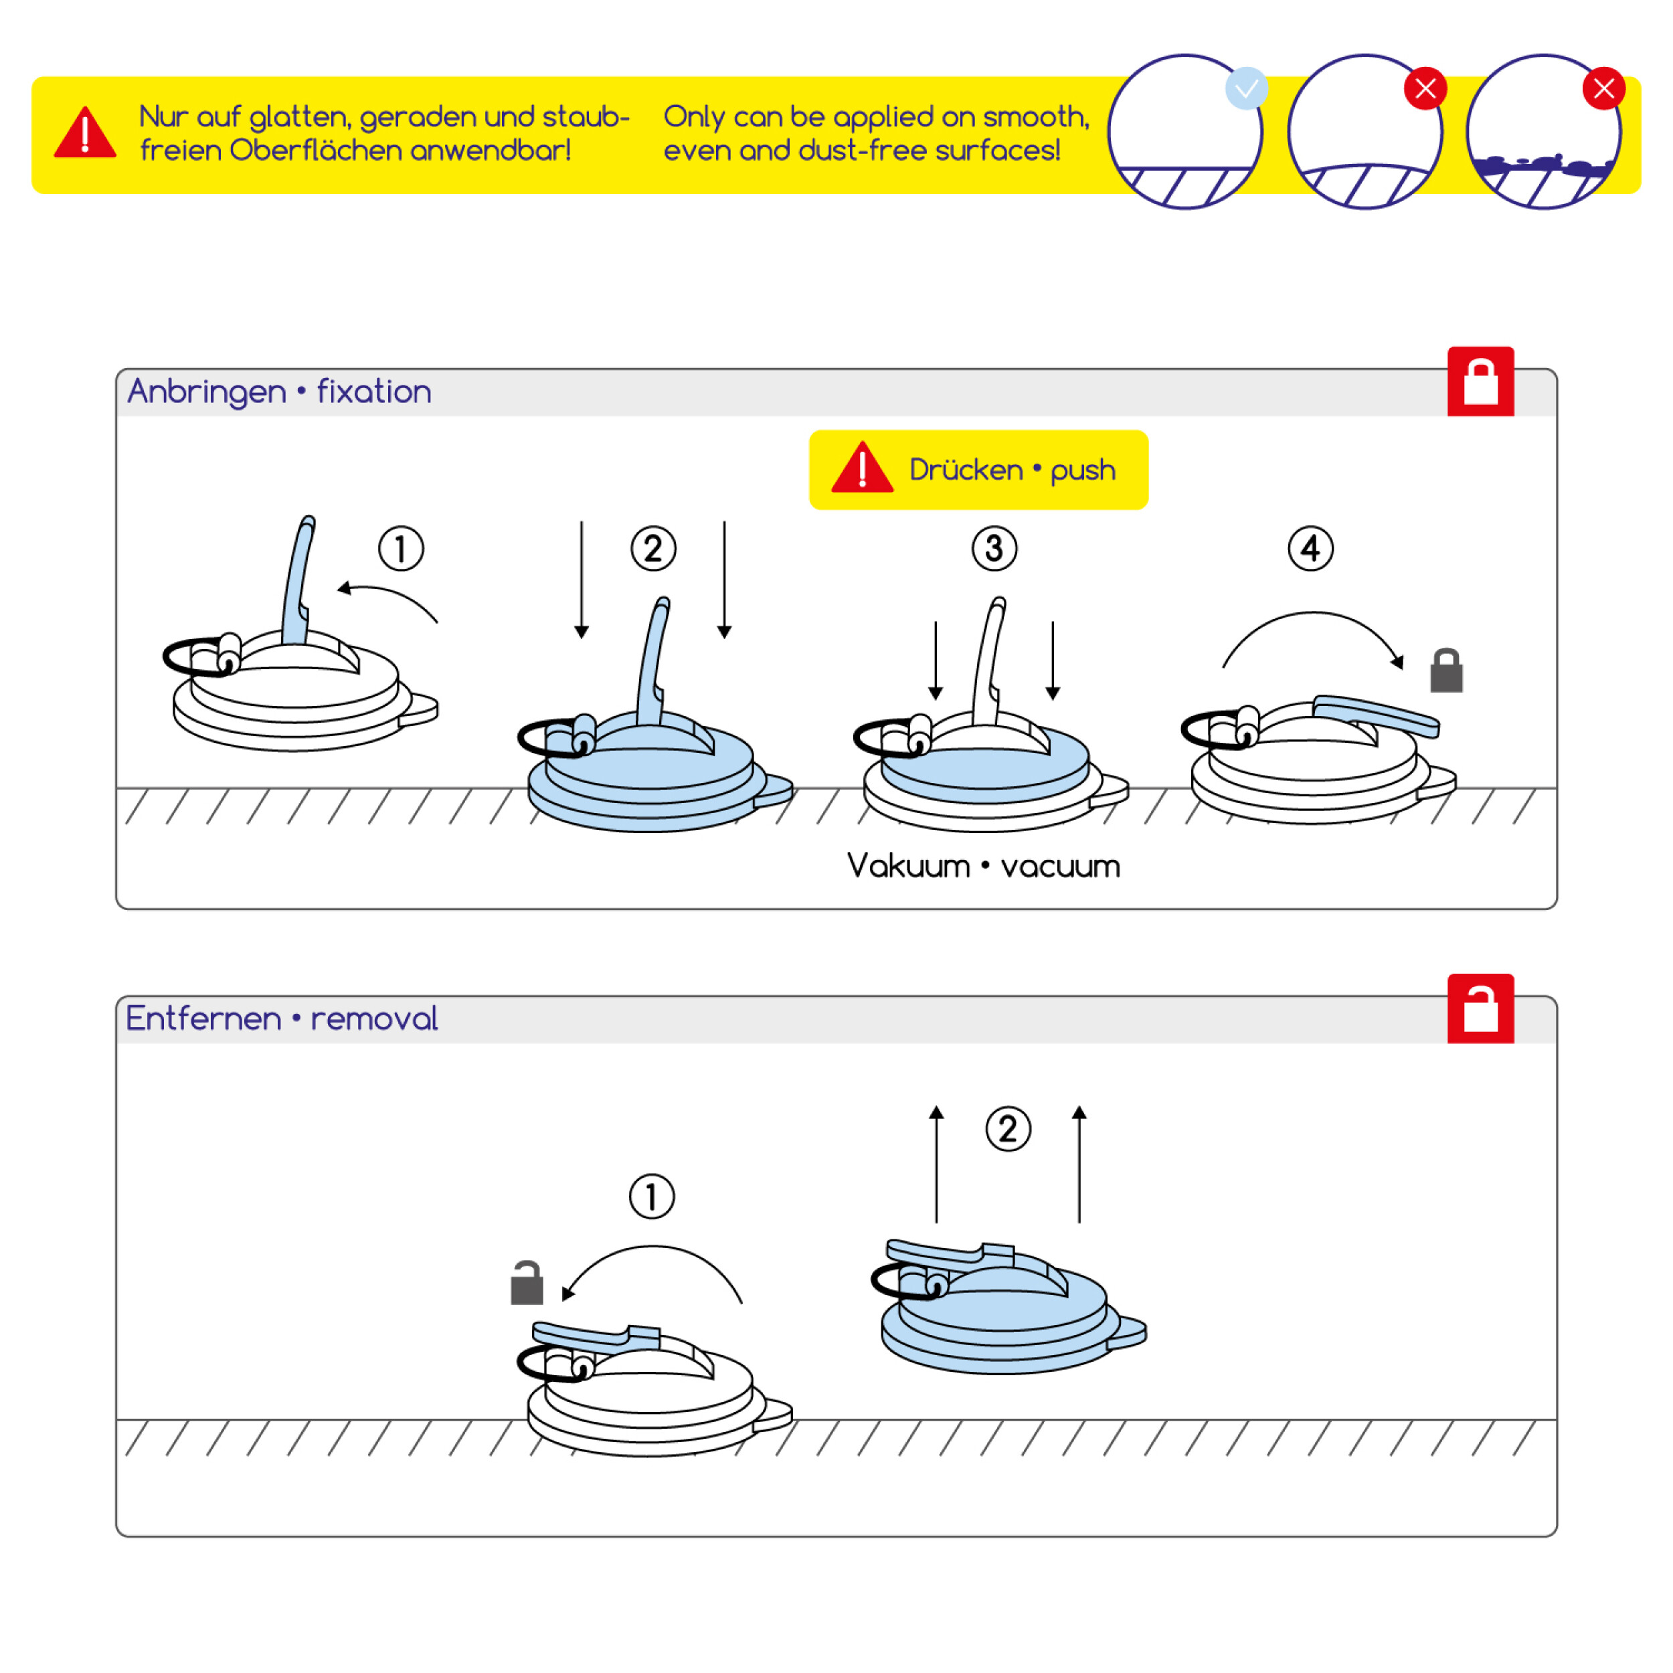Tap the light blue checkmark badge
coord(1246,88)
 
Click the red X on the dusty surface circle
coord(1603,88)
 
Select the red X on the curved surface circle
coord(1425,88)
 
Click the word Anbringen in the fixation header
coord(206,392)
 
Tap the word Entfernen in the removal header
coord(203,1019)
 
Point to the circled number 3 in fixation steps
coord(994,548)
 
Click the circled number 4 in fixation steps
coord(1310,548)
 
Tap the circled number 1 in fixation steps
coord(401,548)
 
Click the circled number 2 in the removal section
coord(1008,1129)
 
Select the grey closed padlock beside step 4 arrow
coord(1446,671)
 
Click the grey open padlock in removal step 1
coord(527,1284)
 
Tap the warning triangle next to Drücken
coord(862,469)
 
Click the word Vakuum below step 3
coord(908,866)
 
